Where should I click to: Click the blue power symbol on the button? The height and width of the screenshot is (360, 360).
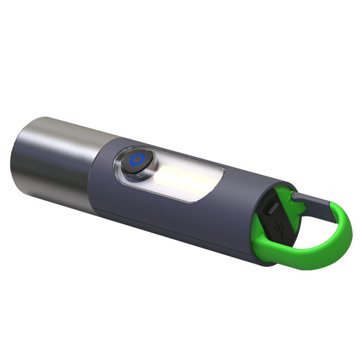pos(135,161)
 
